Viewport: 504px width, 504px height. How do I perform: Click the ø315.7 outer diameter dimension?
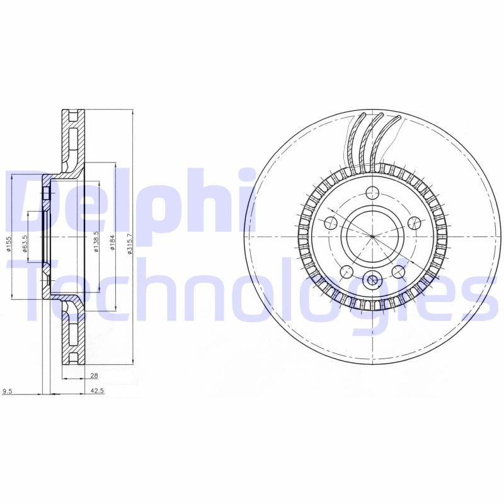pos(130,243)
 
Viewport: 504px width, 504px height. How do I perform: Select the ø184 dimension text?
pos(113,243)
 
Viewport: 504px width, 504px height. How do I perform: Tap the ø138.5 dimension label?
pos(96,243)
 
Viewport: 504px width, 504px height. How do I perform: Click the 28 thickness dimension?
pos(94,376)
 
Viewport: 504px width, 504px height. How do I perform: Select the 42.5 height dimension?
pos(97,391)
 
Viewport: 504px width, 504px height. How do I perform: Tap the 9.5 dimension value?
pos(8,391)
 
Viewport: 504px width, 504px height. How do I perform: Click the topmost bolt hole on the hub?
pos(372,193)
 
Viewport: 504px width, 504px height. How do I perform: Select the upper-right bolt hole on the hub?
pos(414,222)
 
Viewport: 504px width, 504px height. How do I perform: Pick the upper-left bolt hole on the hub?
pos(330,223)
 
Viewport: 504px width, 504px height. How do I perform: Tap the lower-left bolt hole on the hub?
pos(346,272)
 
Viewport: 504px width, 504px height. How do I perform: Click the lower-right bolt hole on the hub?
pos(398,272)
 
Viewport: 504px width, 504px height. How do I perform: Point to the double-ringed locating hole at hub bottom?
pos(372,280)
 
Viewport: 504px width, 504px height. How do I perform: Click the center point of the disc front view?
pos(372,237)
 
